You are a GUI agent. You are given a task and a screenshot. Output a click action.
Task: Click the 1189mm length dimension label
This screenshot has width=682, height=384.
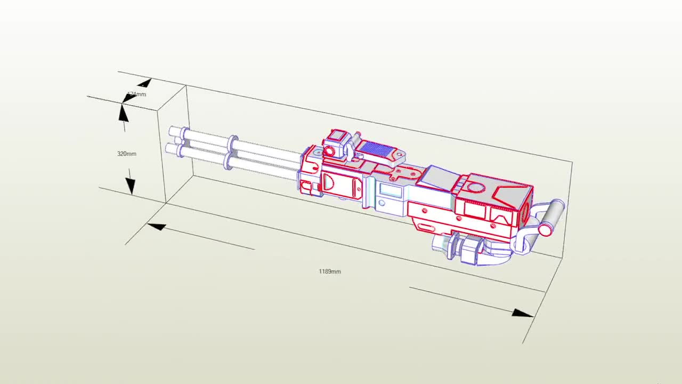[x=329, y=271]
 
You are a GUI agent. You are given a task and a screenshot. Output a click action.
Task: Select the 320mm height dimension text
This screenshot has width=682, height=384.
[x=126, y=154]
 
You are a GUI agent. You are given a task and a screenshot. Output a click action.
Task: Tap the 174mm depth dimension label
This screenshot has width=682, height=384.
[x=137, y=94]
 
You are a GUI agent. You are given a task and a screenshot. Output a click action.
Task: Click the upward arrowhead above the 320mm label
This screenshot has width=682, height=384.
[x=123, y=113]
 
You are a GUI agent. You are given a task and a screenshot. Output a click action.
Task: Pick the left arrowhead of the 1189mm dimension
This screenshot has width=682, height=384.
[x=156, y=227]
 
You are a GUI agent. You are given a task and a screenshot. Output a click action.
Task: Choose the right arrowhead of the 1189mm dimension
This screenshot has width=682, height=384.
[x=522, y=313]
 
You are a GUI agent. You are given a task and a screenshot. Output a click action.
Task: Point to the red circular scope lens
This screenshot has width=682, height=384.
[x=329, y=151]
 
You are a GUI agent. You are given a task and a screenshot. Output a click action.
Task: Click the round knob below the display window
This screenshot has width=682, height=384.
[x=381, y=203]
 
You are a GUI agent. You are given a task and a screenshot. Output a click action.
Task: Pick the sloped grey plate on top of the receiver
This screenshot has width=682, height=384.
[x=437, y=177]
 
